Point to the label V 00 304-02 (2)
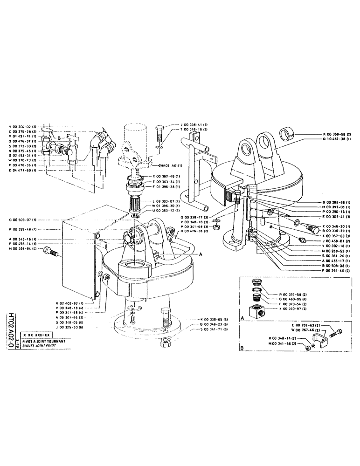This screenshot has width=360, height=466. (23, 127)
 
